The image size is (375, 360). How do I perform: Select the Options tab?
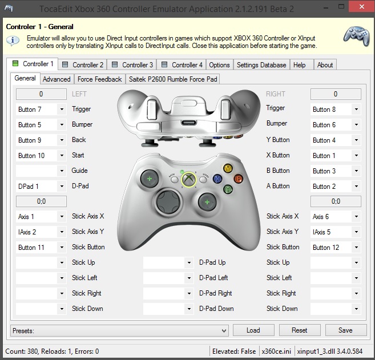219,65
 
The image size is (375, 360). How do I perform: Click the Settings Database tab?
261,65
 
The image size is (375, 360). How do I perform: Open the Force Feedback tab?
99,79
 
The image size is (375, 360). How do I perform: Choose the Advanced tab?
57,79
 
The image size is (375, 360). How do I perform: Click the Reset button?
299,330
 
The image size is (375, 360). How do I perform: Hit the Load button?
253,330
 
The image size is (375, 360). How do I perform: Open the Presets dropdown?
119,330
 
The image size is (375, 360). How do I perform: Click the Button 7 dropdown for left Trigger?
41,109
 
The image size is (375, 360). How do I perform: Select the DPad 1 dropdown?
41,186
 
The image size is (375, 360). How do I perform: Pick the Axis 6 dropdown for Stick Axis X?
336,217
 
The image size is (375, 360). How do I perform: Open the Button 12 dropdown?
336,248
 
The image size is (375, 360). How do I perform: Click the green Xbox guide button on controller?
188,179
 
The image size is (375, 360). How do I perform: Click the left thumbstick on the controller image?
150,179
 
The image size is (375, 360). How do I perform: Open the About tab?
325,65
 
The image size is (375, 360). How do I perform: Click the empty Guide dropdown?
41,171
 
